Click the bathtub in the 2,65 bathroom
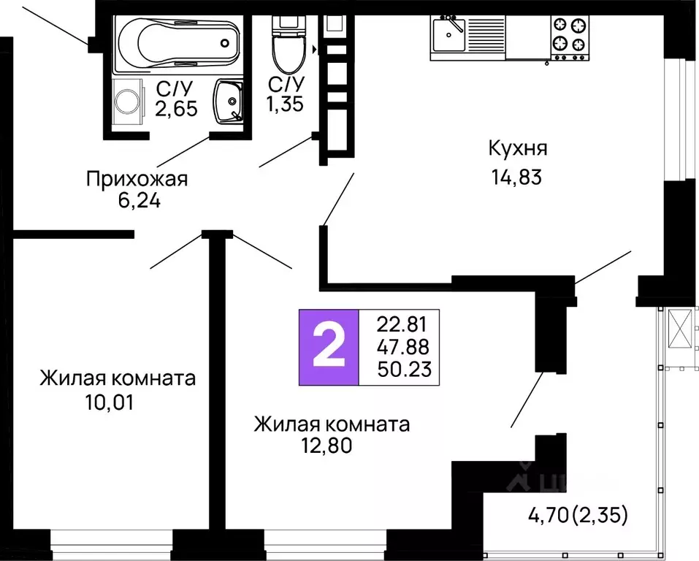[x=178, y=45]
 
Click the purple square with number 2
[x=328, y=348]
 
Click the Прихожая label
[x=137, y=178]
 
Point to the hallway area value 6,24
[x=139, y=200]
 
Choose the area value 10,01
[x=110, y=402]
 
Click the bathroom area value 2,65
[x=175, y=110]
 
